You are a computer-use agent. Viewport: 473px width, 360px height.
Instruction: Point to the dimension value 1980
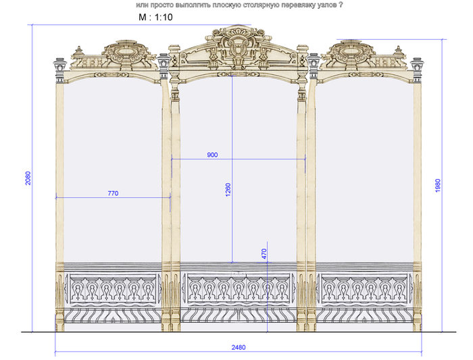(x=438, y=185)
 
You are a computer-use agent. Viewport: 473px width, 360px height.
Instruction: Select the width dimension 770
(x=113, y=194)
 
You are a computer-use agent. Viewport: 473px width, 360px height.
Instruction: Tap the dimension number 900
(x=212, y=155)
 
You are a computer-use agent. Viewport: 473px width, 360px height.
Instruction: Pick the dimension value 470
(x=264, y=254)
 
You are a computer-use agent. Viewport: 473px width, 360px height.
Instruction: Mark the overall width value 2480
(x=238, y=348)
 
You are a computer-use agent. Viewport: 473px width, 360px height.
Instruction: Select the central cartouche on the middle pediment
(x=237, y=47)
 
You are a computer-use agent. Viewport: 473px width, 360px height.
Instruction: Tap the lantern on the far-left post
(x=59, y=66)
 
